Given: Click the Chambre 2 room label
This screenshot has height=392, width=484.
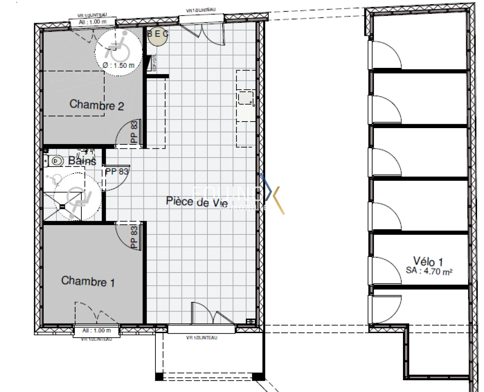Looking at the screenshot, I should click(97, 105).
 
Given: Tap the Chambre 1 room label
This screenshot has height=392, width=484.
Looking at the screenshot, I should click(88, 281).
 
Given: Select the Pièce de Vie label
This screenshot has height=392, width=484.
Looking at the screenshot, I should click(197, 202).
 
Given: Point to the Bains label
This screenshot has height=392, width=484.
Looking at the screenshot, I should click(82, 161).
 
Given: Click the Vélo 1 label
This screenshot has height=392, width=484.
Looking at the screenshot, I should click(428, 261).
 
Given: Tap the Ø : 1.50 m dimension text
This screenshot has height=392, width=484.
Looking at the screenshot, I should click(119, 66).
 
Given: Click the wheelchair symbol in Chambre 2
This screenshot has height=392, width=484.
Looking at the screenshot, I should click(115, 45).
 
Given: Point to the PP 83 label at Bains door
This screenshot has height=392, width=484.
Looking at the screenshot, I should click(117, 171).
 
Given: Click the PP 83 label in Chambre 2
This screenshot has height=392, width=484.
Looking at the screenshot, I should click(134, 131).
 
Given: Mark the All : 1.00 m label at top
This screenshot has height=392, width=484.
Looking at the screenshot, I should click(93, 22).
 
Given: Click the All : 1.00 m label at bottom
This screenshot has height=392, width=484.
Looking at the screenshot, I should click(97, 330).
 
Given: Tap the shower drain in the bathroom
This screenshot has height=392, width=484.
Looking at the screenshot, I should click(62, 207).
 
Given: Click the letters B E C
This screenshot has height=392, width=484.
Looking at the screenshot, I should click(158, 33).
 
